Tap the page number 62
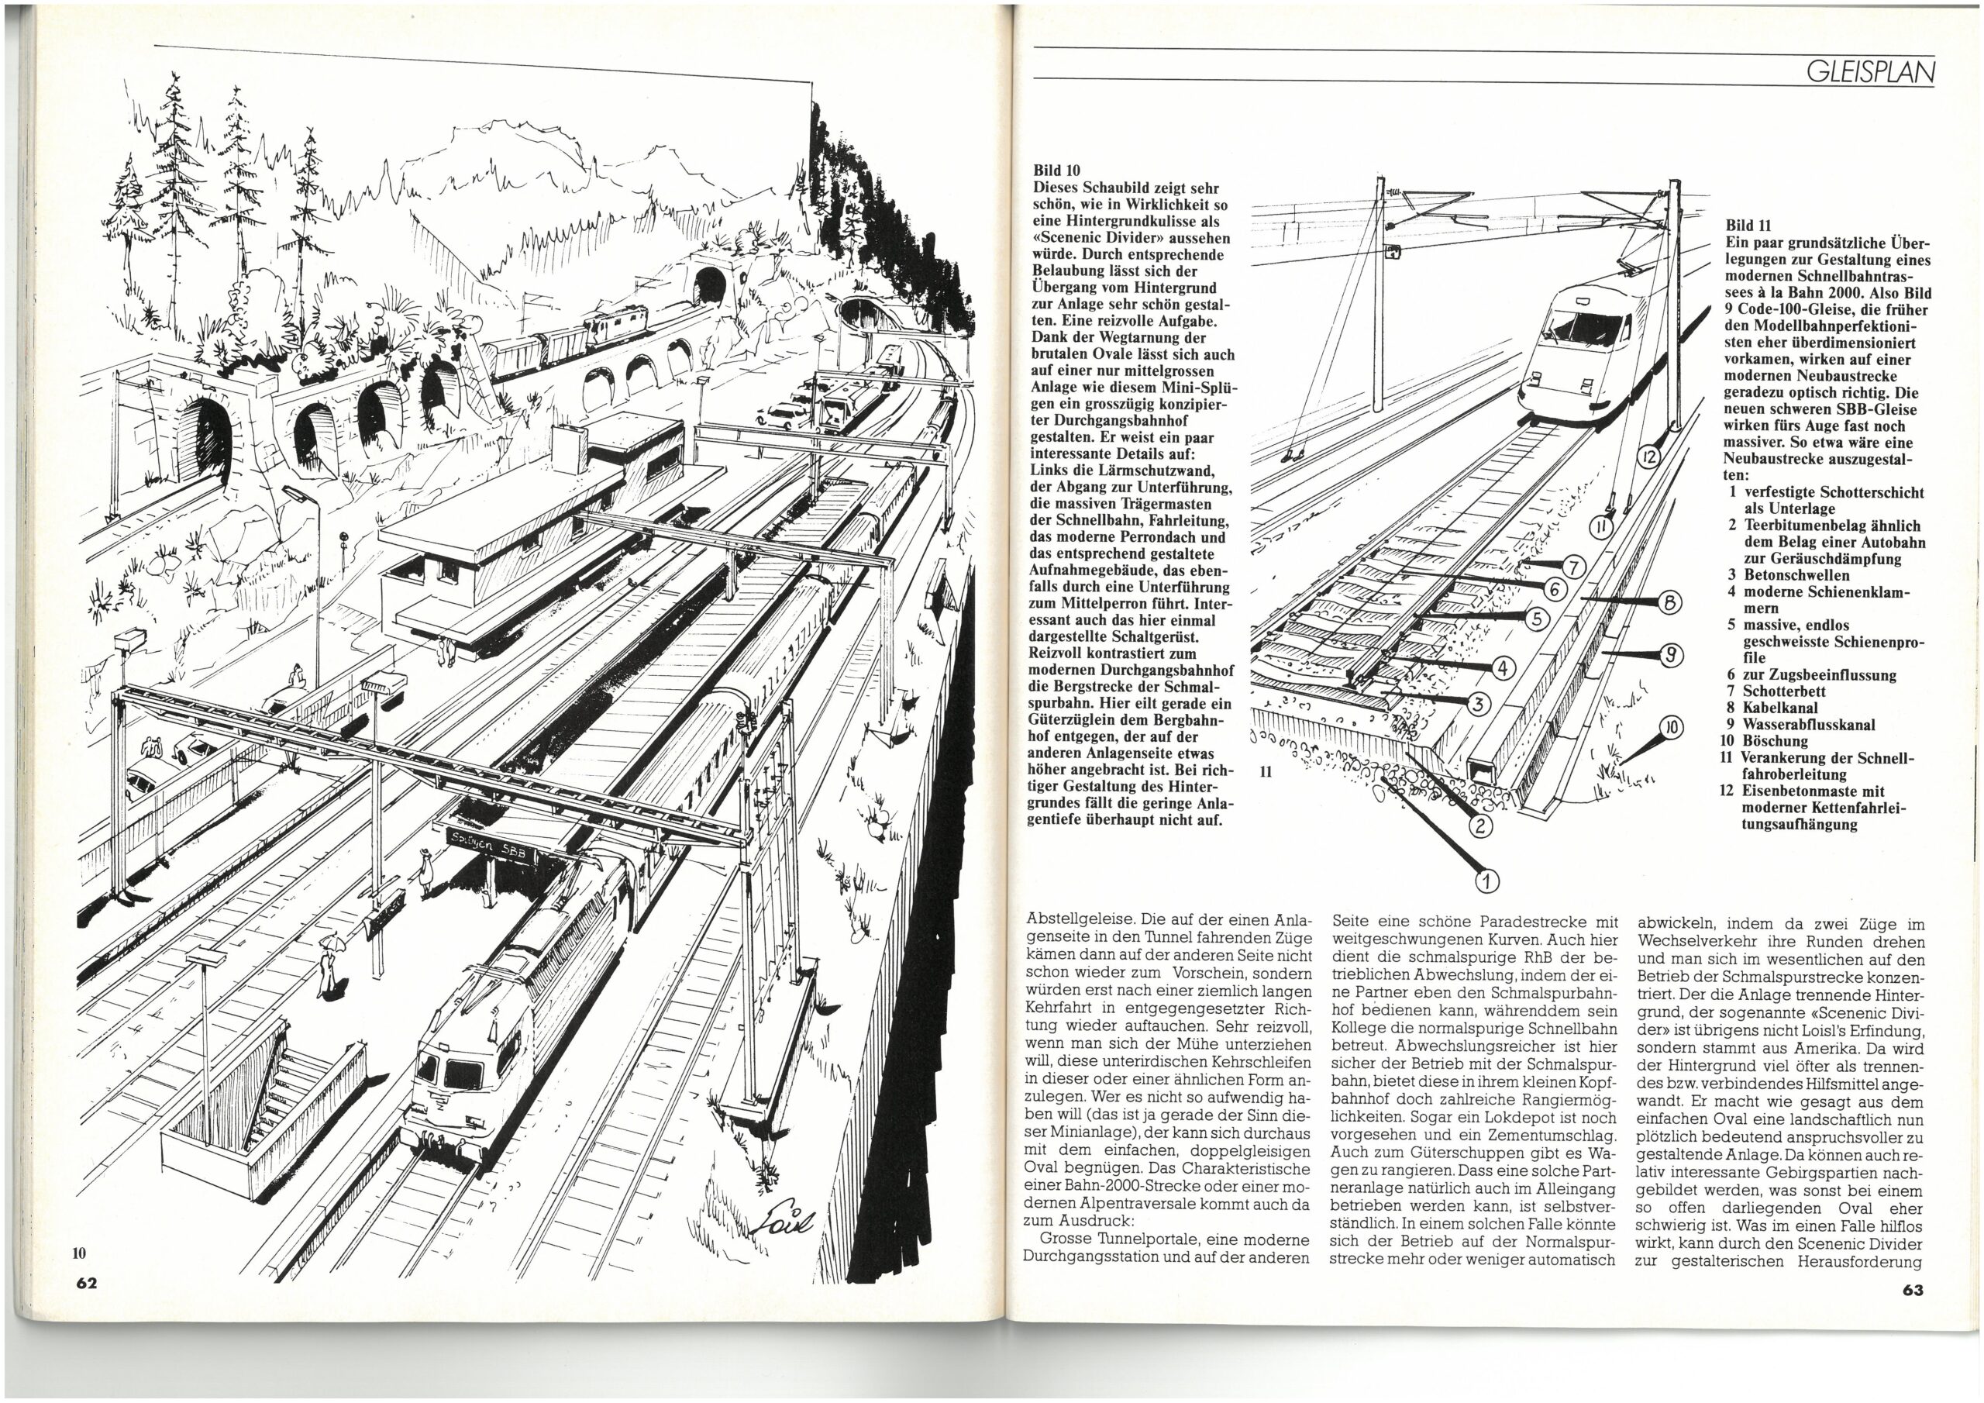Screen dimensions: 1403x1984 (x=85, y=1282)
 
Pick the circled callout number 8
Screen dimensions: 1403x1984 (x=1669, y=602)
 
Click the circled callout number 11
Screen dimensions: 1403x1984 (x=1601, y=526)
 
